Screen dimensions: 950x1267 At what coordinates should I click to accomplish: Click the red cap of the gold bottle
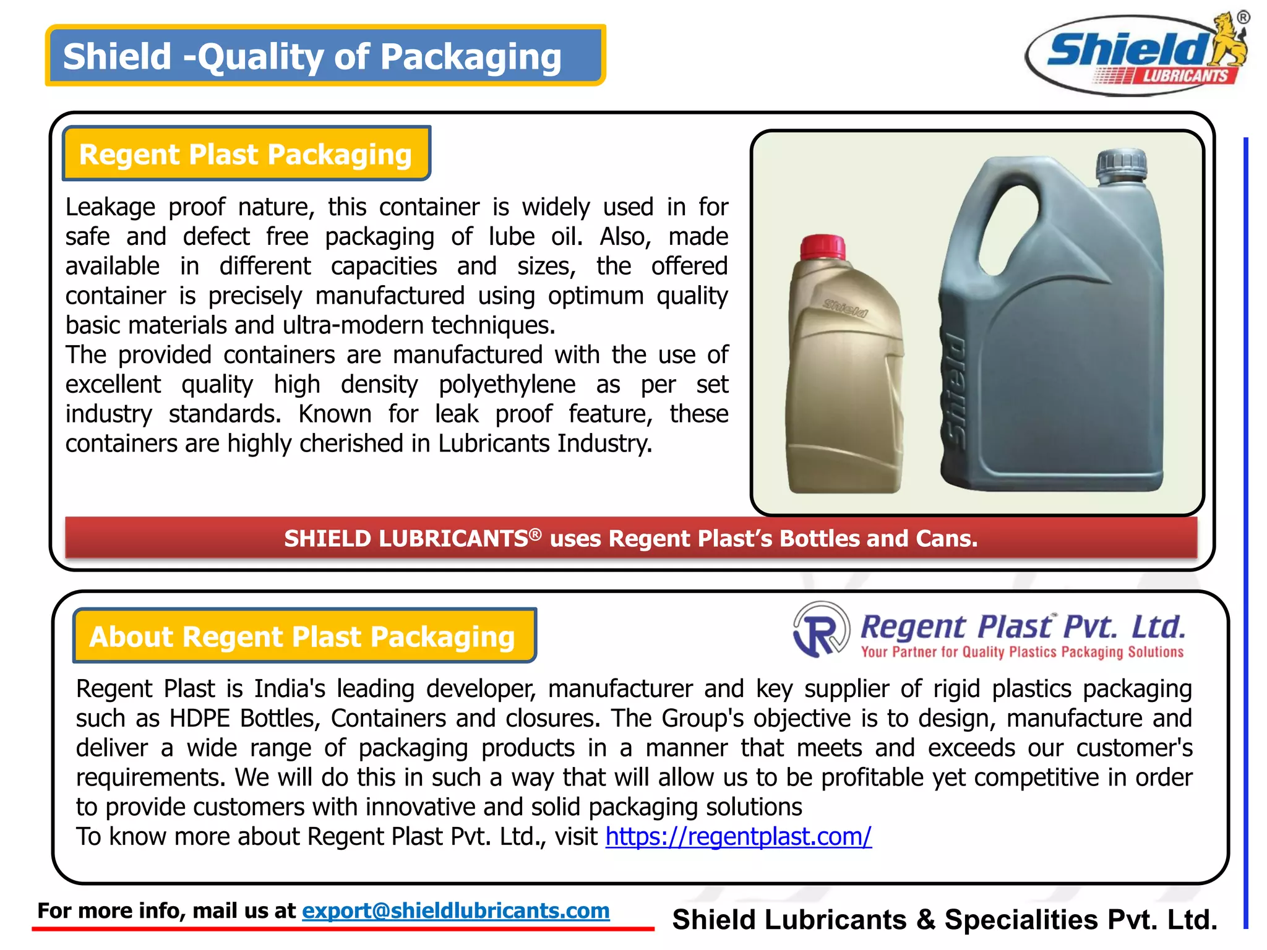tap(823, 247)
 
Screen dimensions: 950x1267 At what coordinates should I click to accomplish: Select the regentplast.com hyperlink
tap(738, 836)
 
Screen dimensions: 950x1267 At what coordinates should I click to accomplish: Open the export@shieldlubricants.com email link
tap(455, 910)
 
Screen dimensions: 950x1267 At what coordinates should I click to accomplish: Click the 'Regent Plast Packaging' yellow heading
tap(246, 154)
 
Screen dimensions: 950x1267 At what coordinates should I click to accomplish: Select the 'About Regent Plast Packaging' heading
tap(303, 636)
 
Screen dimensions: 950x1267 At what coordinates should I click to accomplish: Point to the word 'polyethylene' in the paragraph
tap(507, 385)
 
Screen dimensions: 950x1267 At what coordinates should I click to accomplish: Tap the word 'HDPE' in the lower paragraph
tap(201, 719)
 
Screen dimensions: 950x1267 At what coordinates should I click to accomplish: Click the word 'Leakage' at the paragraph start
tap(110, 207)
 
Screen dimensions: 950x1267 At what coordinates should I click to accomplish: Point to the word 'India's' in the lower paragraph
tap(290, 689)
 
